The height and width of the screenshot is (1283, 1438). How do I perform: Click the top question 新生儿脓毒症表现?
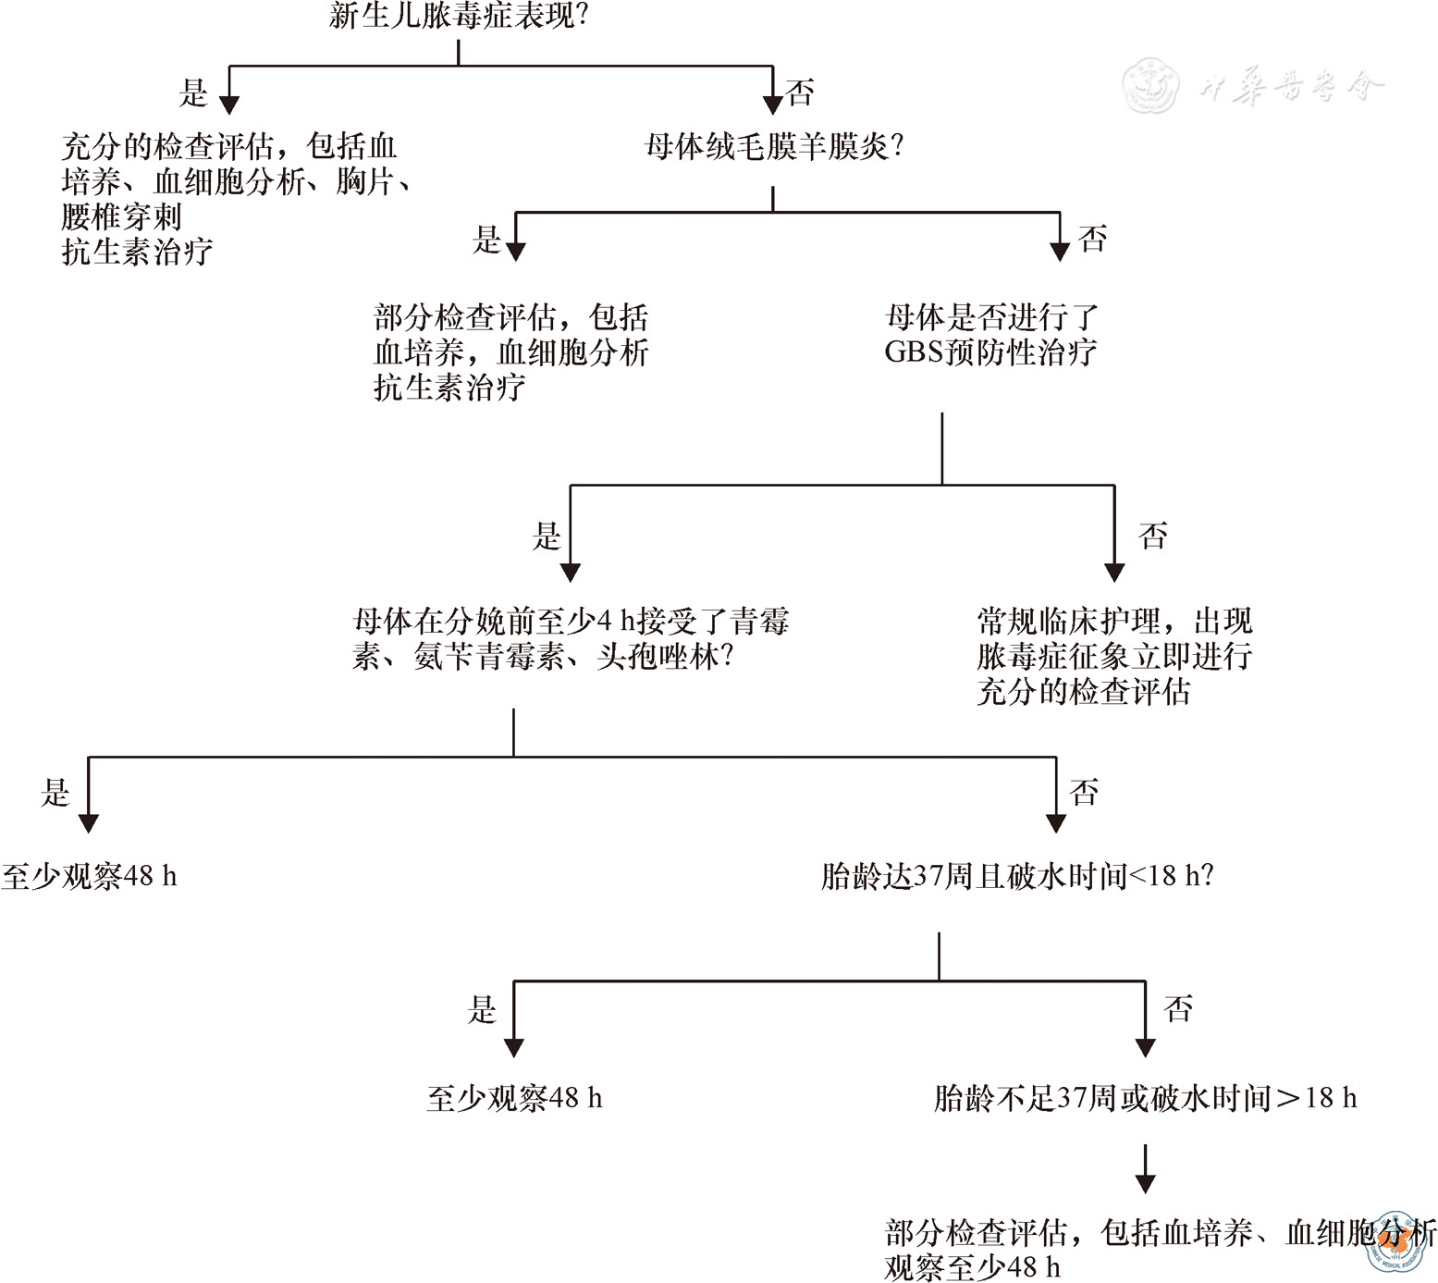pyautogui.click(x=459, y=16)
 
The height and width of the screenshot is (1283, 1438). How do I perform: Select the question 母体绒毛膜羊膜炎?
pyautogui.click(x=773, y=146)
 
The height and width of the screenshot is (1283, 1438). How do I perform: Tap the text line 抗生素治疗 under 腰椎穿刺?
pyautogui.click(x=137, y=252)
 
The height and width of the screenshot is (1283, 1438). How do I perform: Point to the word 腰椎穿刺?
pyautogui.click(x=121, y=216)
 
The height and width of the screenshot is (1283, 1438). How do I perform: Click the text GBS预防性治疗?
pyautogui.click(x=990, y=352)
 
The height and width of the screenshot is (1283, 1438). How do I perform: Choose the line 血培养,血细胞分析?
pyautogui.click(x=510, y=352)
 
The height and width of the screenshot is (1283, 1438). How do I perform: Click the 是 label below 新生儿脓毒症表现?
pyautogui.click(x=193, y=93)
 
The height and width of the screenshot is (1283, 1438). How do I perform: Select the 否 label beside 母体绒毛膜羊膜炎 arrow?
pyautogui.click(x=1092, y=240)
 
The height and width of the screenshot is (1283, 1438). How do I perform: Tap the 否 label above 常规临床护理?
pyautogui.click(x=1152, y=537)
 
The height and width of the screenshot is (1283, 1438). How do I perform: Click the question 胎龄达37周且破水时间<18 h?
pyautogui.click(x=1017, y=876)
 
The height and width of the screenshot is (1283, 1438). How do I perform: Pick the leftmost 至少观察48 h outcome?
pyautogui.click(x=89, y=876)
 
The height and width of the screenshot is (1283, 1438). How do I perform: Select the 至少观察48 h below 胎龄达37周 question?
pyautogui.click(x=514, y=1098)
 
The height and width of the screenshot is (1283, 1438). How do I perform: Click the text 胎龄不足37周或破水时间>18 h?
pyautogui.click(x=1145, y=1098)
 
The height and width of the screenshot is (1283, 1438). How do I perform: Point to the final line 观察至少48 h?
pyautogui.click(x=972, y=1266)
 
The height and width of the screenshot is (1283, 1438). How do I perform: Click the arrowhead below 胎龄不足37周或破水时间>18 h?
pyautogui.click(x=1146, y=1183)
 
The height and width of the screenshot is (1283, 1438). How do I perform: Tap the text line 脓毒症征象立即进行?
pyautogui.click(x=1114, y=657)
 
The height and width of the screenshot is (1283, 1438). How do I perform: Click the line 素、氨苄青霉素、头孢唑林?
pyautogui.click(x=543, y=657)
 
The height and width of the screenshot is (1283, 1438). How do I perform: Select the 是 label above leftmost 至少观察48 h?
pyautogui.click(x=55, y=793)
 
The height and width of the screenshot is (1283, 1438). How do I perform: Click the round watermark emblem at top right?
pyautogui.click(x=1150, y=85)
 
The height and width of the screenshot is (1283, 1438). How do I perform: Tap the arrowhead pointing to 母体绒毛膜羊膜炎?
pyautogui.click(x=773, y=104)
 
